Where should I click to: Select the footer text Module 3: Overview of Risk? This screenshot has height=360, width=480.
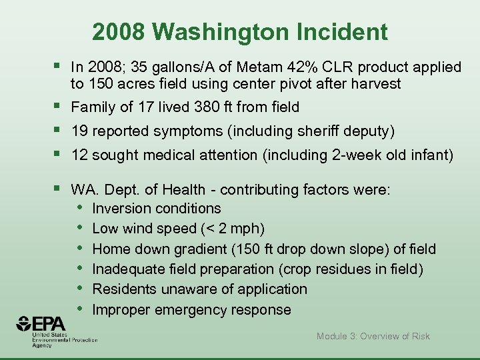tap(373, 336)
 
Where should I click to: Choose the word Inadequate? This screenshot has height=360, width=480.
tap(125, 269)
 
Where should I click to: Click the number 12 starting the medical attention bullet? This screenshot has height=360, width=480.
tap(79, 155)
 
